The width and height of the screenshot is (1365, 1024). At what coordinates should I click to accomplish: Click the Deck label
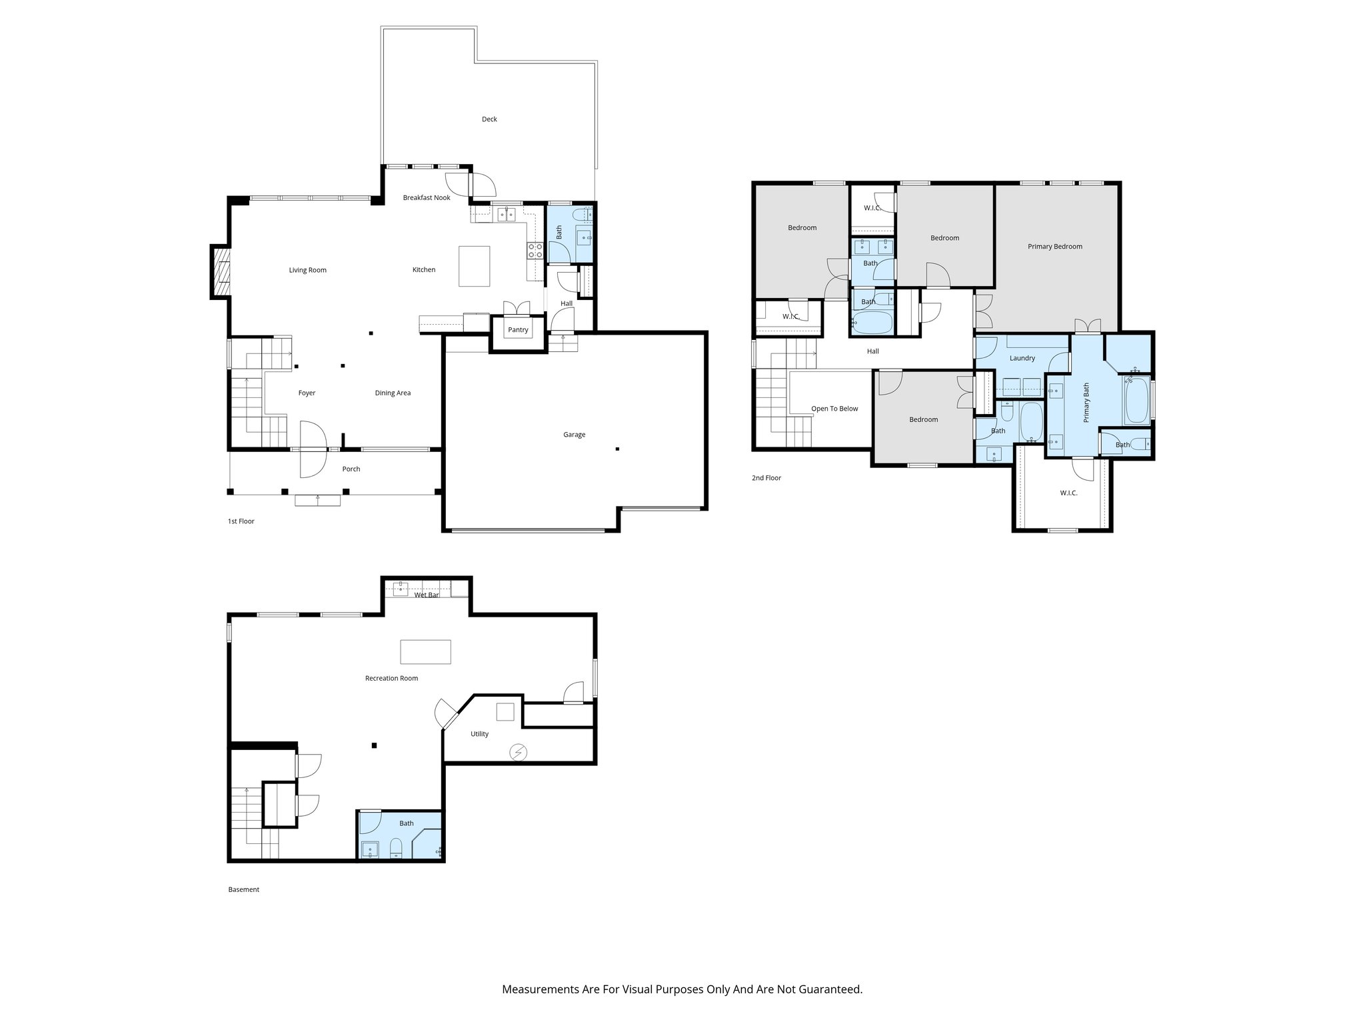[489, 119]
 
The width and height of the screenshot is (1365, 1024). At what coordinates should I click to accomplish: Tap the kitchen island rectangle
[474, 266]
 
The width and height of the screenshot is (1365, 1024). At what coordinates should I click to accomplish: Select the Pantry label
[518, 330]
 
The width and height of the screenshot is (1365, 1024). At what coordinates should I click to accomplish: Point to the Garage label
[574, 435]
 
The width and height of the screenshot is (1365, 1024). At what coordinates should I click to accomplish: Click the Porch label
[351, 469]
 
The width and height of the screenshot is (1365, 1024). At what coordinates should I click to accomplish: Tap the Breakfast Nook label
[427, 198]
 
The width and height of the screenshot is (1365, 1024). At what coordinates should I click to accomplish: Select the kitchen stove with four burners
[535, 251]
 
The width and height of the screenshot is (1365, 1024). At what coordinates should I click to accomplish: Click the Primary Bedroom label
[1054, 247]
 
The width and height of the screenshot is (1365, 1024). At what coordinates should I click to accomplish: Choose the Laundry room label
[1022, 359]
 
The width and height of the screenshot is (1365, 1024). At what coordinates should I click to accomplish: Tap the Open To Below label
[834, 409]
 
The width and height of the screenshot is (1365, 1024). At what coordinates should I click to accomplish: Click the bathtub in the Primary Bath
[1136, 401]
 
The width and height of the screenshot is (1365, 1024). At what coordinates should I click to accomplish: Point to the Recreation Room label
[391, 679]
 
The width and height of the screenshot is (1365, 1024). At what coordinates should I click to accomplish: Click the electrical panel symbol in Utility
[518, 753]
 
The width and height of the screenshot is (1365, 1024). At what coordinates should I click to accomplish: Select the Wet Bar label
[426, 595]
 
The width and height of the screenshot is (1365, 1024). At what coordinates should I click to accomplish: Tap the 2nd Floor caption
[766, 478]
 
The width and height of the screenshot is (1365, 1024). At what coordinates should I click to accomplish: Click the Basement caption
[243, 889]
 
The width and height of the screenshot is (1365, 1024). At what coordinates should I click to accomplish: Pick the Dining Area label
[393, 393]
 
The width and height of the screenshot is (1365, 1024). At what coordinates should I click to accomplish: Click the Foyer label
[307, 393]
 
